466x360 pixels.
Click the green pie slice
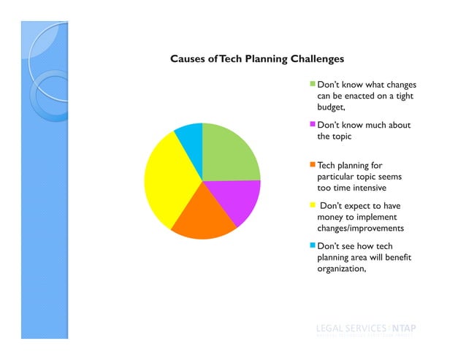(228, 153)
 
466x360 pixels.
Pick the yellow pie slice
(164, 183)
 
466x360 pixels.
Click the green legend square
(313, 84)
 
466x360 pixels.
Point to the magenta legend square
(313, 125)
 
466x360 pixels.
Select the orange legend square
(313, 166)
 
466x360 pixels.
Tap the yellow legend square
(313, 206)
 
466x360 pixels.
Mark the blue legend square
(313, 247)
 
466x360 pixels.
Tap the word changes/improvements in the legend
(360, 229)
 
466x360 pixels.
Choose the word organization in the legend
(340, 269)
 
